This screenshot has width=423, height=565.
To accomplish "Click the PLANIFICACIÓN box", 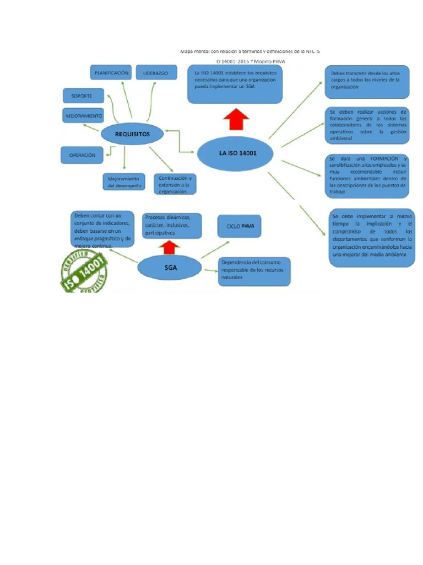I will click(111, 73).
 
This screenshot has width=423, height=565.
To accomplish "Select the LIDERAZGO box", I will click(155, 73).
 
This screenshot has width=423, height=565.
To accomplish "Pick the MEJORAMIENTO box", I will click(83, 116).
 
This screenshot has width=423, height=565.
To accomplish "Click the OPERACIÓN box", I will click(82, 155).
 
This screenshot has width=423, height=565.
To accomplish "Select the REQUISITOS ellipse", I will click(132, 134).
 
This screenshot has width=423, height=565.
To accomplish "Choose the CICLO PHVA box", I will click(240, 226).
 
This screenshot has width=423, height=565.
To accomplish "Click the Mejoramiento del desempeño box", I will click(124, 182).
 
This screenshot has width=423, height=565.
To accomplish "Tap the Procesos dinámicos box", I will click(170, 225).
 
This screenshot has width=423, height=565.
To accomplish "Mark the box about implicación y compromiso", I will click(371, 236).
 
